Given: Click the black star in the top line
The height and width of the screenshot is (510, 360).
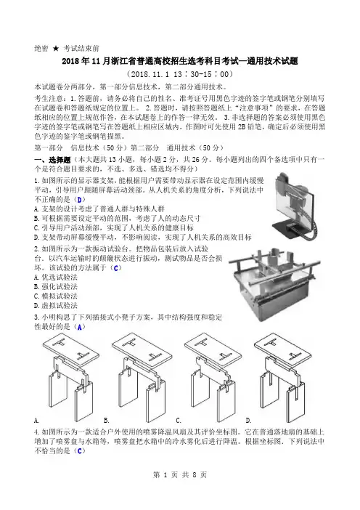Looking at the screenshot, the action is pyautogui.click(x=56, y=49).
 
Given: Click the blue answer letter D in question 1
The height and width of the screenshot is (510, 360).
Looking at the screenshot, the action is pyautogui.click(x=79, y=199).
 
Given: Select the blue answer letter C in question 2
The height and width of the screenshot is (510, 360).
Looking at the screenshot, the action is pyautogui.click(x=116, y=268).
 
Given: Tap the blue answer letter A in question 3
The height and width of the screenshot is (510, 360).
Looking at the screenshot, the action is pyautogui.click(x=80, y=327).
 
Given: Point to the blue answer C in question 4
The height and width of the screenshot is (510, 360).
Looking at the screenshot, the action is pyautogui.click(x=80, y=451).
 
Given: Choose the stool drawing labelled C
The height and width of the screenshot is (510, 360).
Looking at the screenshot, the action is pyautogui.click(x=213, y=376).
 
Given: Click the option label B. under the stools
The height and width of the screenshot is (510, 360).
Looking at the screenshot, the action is pyautogui.click(x=107, y=421).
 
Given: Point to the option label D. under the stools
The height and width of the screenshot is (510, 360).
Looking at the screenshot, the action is pyautogui.click(x=248, y=421).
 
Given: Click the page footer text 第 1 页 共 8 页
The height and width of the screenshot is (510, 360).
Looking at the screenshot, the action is pyautogui.click(x=180, y=475).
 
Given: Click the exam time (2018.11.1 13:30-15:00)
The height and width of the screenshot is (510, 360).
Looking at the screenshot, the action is pyautogui.click(x=180, y=74).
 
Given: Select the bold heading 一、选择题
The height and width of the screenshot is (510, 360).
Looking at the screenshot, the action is pyautogui.click(x=52, y=160).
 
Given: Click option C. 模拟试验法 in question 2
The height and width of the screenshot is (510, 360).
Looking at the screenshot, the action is pyautogui.click(x=56, y=296).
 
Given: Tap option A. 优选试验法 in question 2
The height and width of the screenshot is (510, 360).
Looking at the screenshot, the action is pyautogui.click(x=56, y=278).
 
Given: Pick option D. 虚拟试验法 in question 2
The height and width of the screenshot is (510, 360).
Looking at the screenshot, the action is pyautogui.click(x=56, y=306).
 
